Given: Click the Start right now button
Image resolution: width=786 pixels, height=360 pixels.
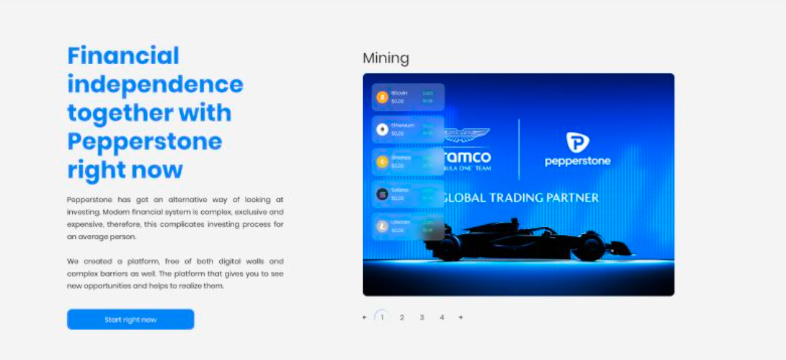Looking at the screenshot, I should (131, 320).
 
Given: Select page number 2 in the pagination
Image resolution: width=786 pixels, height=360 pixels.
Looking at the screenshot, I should (402, 318).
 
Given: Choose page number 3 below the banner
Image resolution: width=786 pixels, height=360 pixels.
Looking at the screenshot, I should (422, 318).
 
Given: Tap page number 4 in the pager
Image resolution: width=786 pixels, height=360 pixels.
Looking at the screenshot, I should (442, 318).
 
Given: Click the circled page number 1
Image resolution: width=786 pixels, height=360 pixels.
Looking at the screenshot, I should (382, 318).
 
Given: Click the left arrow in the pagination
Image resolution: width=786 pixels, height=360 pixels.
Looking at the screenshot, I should (364, 318).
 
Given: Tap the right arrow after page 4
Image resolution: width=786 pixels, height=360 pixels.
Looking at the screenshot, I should (460, 318).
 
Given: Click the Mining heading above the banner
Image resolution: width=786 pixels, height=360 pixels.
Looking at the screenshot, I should (386, 59).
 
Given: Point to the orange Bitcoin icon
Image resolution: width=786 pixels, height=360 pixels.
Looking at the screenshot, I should (382, 97).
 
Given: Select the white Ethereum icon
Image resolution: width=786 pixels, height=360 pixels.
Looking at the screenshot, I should (382, 130).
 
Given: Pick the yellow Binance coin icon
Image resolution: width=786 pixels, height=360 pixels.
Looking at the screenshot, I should (382, 162).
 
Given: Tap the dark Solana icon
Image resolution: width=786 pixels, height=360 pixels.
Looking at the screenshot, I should (382, 194).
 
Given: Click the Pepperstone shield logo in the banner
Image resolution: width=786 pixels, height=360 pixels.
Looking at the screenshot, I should (577, 142).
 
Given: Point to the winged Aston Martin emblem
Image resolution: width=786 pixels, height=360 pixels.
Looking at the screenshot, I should (467, 134).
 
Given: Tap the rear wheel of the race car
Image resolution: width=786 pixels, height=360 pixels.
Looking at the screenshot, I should (448, 247).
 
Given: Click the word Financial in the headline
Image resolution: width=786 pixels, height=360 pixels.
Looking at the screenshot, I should (123, 55).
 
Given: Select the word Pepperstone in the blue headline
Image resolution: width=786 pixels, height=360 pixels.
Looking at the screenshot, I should (144, 141).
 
